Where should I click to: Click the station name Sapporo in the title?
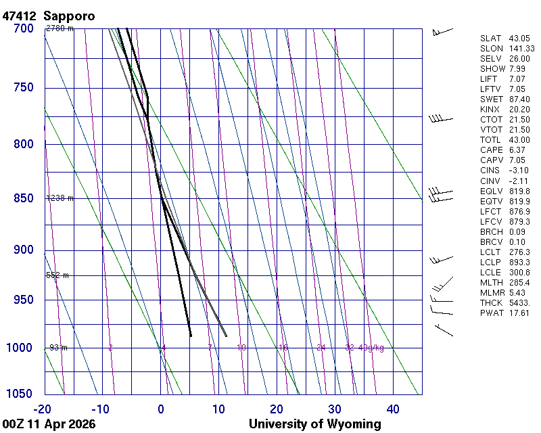69,16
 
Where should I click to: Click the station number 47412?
20,16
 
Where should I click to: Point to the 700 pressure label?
24,28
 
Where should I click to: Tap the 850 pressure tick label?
24,199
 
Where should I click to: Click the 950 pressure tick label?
24,300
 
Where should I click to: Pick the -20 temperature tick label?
42,409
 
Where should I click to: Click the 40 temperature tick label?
393,409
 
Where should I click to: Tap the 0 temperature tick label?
161,409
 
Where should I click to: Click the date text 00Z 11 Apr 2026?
49,424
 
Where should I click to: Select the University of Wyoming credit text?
314,424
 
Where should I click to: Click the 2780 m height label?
60,28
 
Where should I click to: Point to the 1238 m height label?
60,198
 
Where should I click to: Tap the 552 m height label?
57,275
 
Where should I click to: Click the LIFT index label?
489,79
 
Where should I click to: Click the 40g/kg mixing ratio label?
371,348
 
